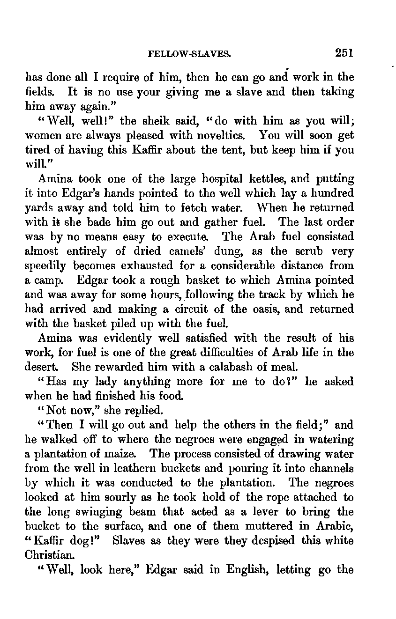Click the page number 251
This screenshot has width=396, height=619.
pos(344,53)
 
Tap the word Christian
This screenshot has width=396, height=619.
pos(45,555)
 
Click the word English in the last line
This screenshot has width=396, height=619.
pos(246,570)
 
